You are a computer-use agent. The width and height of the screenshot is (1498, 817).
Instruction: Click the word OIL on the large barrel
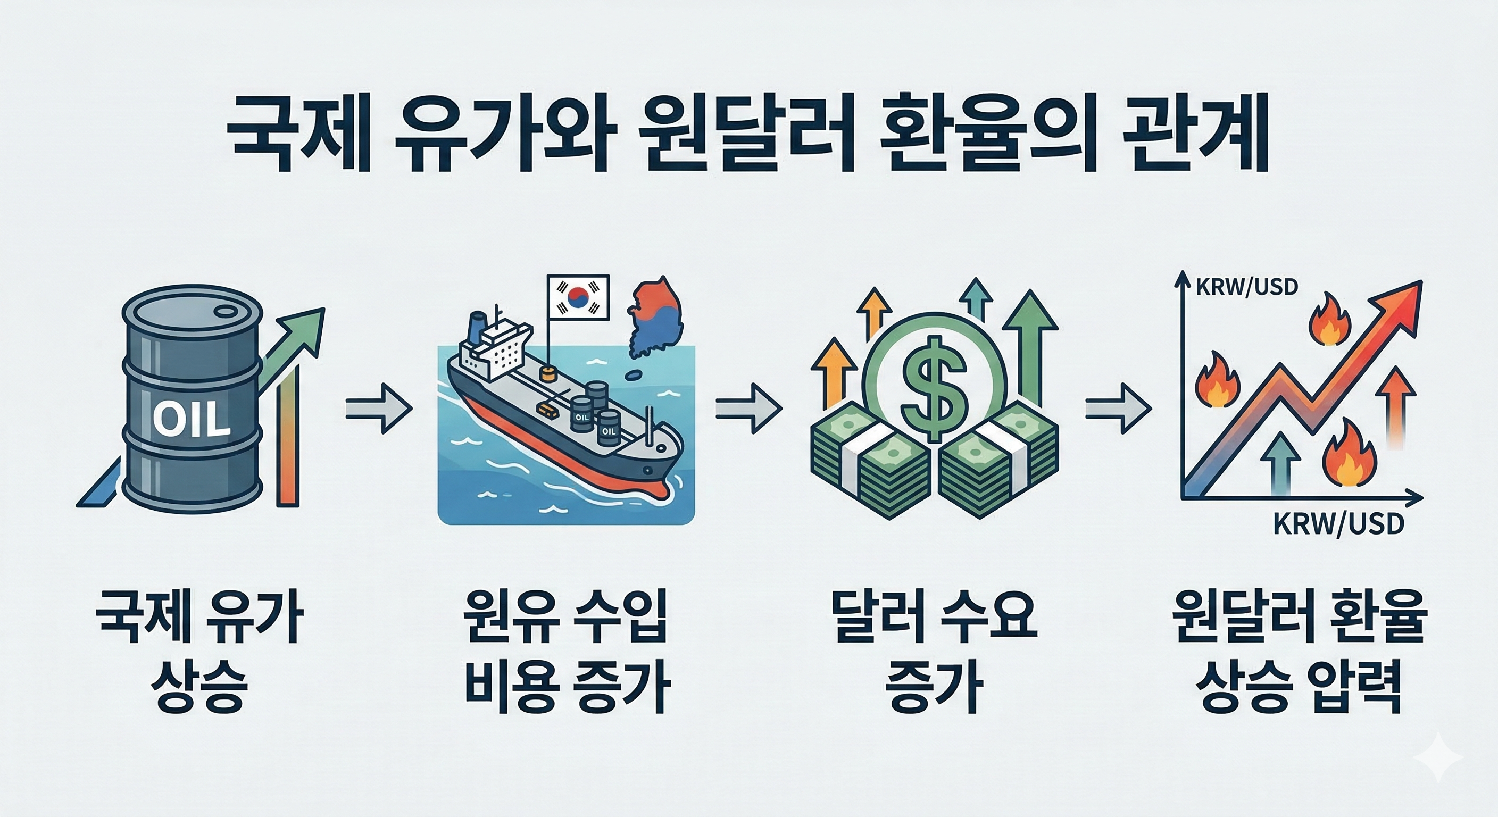[x=192, y=418]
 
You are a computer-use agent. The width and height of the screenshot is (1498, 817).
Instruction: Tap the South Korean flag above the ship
[x=578, y=297]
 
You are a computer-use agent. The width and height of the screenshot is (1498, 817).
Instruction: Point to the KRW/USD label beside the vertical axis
[x=1244, y=287]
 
